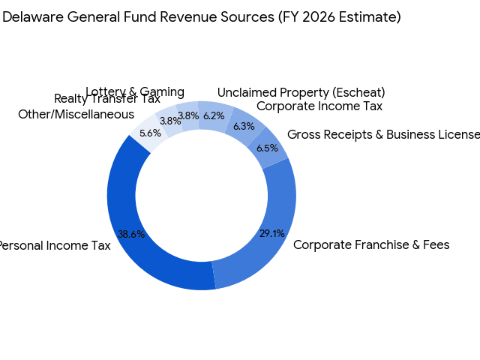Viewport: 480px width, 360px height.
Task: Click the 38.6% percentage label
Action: coord(131,234)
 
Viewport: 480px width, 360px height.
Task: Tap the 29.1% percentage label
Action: coord(271,233)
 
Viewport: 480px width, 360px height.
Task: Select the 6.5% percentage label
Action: coord(266,148)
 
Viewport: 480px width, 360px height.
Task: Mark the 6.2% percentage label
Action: coord(214,116)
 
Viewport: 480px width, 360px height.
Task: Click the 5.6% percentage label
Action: coord(151,133)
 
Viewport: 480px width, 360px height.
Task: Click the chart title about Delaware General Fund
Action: coord(201,16)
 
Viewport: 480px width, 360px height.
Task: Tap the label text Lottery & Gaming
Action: coord(135,92)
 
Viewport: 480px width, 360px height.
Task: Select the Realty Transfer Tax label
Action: coord(107,99)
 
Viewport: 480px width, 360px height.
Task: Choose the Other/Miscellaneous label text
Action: coord(76,115)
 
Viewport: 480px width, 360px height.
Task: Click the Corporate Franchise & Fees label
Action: coord(371,244)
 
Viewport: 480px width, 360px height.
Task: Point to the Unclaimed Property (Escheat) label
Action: coord(301,92)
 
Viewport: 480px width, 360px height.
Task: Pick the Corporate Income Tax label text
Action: coord(319,106)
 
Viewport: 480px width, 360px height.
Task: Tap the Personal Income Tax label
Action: coord(54,245)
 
